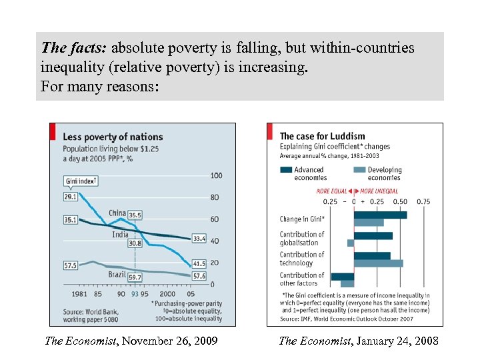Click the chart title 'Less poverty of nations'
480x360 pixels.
(x=113, y=137)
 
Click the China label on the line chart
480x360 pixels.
(x=117, y=214)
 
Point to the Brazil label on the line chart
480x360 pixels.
(x=117, y=275)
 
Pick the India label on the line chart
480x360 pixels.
(x=120, y=235)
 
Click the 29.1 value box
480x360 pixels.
(x=70, y=197)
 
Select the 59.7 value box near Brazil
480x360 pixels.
(x=135, y=277)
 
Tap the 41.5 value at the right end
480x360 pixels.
(x=199, y=264)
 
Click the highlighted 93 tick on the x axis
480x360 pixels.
(x=135, y=294)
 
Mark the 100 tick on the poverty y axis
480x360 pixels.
(x=216, y=175)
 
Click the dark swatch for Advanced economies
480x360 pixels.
(x=285, y=170)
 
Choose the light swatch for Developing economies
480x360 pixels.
(x=359, y=170)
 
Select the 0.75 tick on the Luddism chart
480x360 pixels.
(x=423, y=201)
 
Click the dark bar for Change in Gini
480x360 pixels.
(x=380, y=215)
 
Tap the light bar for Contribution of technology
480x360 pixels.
(x=378, y=263)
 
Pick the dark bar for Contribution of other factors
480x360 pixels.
(x=343, y=276)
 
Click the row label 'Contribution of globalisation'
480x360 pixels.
(x=302, y=239)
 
